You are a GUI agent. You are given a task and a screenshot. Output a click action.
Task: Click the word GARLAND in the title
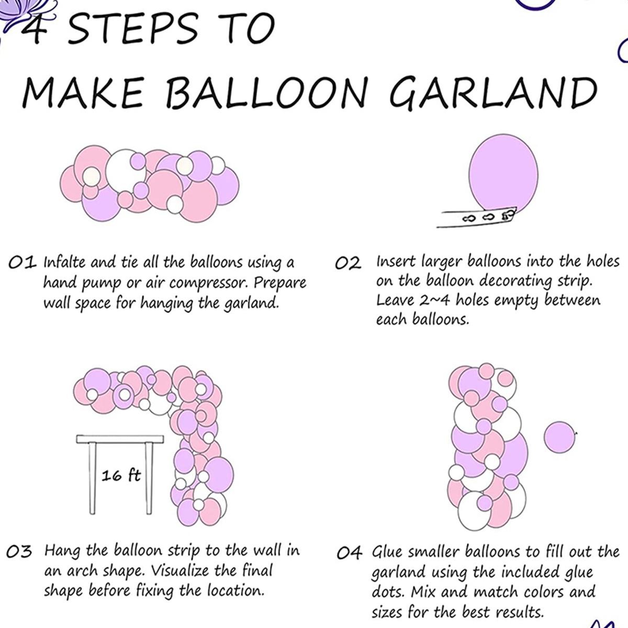pos(494,93)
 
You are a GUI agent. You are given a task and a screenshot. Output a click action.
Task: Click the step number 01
pos(22,263)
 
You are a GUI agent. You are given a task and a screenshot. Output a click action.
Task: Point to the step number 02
pos(348,263)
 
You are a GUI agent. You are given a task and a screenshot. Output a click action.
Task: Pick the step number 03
pos(19,552)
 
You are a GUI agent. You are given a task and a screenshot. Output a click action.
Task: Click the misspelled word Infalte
pos(63,262)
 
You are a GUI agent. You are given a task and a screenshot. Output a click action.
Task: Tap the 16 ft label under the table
pos(121,476)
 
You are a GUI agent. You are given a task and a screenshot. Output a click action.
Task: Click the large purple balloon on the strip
pos(503,174)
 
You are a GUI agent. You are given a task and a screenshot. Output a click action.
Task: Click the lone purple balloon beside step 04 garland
pos(559,437)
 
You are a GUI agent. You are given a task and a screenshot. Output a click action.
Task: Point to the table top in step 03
pos(120,439)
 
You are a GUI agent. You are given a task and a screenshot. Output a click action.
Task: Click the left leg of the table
pos(93,478)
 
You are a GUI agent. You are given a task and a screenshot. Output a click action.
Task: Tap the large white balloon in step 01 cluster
pos(126,171)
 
